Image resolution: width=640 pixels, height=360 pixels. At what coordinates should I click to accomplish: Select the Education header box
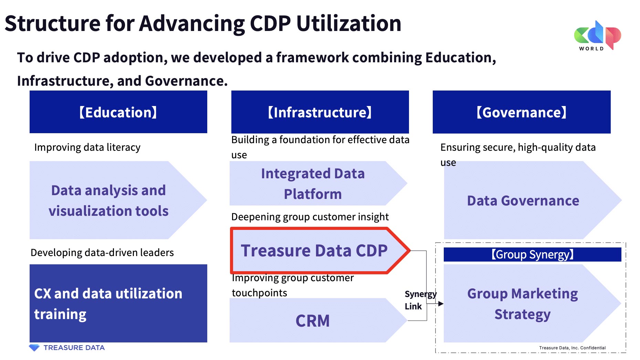[118, 112]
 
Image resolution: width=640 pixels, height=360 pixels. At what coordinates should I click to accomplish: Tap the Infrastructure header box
[320, 112]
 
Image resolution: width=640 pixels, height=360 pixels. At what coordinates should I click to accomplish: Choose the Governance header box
[521, 112]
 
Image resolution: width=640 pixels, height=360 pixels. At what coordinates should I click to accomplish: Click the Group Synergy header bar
[532, 254]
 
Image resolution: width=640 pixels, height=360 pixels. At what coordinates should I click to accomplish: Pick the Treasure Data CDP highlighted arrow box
[314, 251]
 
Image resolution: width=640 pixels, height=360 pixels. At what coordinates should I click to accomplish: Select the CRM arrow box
[313, 320]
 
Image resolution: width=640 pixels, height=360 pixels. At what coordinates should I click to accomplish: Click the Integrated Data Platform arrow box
[313, 183]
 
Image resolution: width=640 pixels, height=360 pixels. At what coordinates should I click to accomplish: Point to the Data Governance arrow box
[523, 200]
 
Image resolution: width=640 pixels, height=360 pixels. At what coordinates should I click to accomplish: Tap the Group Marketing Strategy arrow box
[522, 304]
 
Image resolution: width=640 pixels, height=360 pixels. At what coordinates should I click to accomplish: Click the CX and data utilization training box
[118, 303]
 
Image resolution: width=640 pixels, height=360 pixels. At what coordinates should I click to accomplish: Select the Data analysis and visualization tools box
[108, 200]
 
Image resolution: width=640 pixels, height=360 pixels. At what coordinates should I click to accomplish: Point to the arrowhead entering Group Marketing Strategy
[441, 304]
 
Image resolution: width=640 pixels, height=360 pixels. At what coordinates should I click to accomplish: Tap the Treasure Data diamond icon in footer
[34, 348]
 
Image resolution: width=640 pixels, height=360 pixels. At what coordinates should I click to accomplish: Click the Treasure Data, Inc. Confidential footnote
[572, 348]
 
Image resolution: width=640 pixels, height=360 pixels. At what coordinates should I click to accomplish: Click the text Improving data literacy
[87, 147]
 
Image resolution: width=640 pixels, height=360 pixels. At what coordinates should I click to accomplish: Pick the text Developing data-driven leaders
[102, 253]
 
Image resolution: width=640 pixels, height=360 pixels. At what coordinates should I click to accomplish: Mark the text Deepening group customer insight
[310, 217]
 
